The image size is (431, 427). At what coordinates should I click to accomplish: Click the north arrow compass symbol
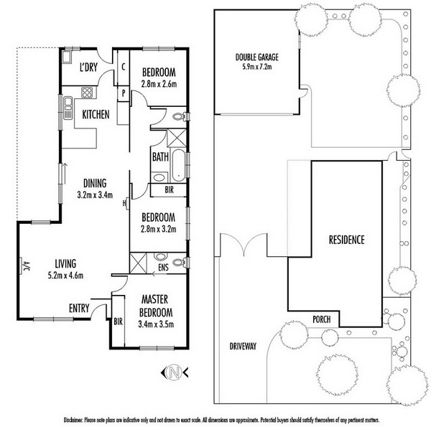coord(175,372)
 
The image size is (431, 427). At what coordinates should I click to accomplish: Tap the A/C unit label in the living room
coord(26,266)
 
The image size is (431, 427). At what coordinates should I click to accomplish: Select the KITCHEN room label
coord(96,115)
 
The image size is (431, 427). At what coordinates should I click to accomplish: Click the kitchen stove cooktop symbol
coord(88,93)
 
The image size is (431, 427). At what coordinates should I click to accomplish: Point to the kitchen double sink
coord(68,108)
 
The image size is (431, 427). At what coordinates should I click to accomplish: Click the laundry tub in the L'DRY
coord(67,57)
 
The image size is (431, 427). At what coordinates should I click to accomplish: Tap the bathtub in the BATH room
coord(178,165)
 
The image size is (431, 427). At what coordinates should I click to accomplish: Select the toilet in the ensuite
coord(180,262)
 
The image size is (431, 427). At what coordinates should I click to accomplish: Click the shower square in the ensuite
coord(138,263)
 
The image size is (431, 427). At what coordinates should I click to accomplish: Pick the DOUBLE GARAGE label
coord(256,57)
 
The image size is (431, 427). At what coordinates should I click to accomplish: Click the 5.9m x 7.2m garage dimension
coord(256,67)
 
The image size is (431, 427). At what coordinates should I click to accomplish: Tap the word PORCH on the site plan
coord(321,319)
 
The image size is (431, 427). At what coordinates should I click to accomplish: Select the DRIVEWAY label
coord(243,347)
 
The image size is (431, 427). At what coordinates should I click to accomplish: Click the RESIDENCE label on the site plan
coord(346,240)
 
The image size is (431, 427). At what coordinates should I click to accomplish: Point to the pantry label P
coord(124,93)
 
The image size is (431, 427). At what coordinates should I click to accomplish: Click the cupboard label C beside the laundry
coord(124,67)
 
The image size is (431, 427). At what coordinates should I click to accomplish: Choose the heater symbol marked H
coord(125,203)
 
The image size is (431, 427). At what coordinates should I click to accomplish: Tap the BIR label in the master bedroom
coord(118,322)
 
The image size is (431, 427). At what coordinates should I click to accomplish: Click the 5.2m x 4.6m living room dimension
coord(65,276)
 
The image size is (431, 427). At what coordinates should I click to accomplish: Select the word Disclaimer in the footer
coord(73,420)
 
